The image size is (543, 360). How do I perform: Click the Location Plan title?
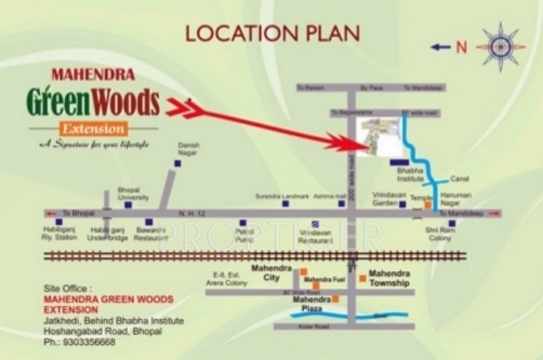272,32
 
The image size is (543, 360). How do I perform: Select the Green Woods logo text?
93,102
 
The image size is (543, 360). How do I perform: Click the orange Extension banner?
93,130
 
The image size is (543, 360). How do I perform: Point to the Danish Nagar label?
188,148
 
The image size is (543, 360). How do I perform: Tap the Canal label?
459,179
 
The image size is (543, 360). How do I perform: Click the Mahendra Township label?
389,279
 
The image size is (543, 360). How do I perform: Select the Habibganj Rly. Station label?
59,235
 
